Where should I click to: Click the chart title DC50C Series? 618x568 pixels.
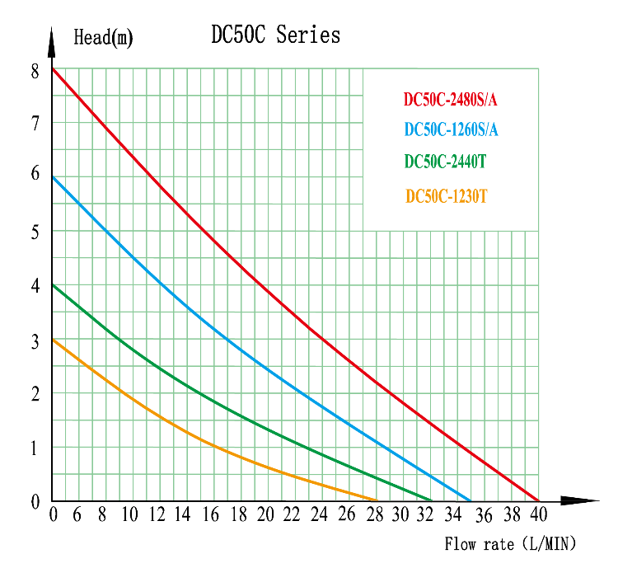coord(275,35)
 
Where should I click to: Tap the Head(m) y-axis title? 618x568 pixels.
coord(103,37)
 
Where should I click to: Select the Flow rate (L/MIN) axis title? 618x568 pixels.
coord(510,544)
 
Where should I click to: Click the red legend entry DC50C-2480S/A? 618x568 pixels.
coord(450,100)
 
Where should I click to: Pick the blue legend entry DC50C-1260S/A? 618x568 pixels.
coord(451,130)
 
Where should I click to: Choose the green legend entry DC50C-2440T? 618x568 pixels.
coord(445,162)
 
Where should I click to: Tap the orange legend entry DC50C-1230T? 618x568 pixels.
coord(447,196)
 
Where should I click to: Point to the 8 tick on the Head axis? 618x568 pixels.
coord(35,71)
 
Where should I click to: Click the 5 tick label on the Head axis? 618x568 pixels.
coord(35,232)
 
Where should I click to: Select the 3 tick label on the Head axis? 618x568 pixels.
coord(35,340)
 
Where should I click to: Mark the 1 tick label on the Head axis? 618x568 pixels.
coord(35,448)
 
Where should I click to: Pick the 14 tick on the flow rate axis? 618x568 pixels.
coord(182,515)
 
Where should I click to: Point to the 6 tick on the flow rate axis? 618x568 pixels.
coord(77,515)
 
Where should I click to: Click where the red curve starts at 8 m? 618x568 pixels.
coord(53,68)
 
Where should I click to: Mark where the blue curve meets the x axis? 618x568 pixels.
coord(471,500)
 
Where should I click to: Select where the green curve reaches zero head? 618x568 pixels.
coord(432,500)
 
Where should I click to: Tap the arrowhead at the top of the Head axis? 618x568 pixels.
coord(52,38)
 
